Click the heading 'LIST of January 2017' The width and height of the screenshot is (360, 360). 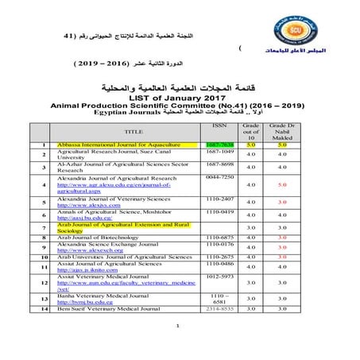click(x=180, y=95)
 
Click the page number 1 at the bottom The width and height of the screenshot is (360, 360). click(x=180, y=347)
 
